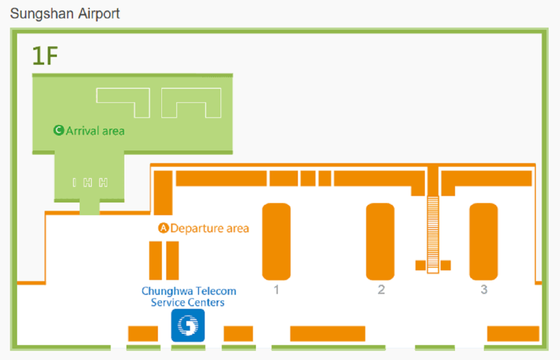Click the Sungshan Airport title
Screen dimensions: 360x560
coord(65,14)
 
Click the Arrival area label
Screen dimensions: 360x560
coord(95,131)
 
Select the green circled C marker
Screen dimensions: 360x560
coord(59,131)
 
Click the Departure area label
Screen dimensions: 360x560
coord(209,228)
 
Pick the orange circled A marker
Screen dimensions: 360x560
coord(163,228)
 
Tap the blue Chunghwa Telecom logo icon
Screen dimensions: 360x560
coord(188,326)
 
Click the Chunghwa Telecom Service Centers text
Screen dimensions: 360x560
coord(189,297)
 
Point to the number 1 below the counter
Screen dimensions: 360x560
coord(276,290)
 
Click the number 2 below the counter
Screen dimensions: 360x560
coord(381,290)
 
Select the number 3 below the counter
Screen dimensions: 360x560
coord(484,290)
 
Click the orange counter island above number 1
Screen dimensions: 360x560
coord(276,241)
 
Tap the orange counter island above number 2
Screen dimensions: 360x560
coord(380,241)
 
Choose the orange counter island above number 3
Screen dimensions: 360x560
coord(483,241)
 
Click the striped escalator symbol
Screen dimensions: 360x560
coord(433,233)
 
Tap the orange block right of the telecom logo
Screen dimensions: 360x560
coord(238,334)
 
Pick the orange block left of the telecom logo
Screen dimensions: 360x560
coord(143,334)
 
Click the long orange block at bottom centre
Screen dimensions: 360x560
coord(328,334)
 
